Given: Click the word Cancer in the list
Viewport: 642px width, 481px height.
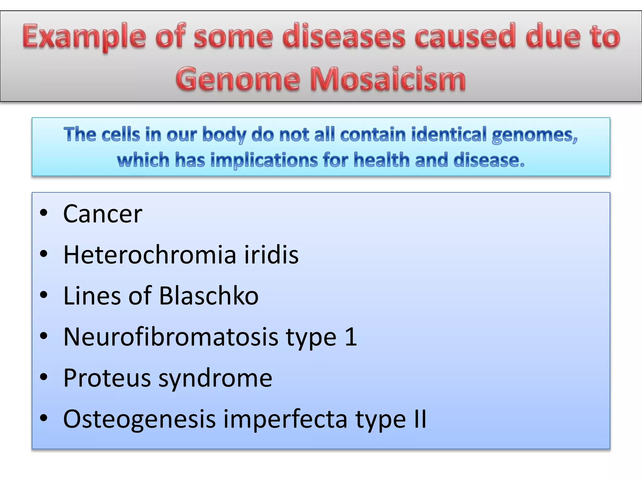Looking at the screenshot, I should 103,214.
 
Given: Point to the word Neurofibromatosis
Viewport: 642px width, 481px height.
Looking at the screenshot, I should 171,337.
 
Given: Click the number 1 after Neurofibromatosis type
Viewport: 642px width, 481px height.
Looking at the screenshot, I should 351,337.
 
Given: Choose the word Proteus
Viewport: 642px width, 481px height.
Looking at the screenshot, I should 107,378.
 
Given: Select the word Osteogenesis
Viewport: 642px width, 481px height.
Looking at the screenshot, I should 139,420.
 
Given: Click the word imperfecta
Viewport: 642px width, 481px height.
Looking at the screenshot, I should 285,420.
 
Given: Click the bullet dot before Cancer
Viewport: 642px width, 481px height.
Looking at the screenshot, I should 44,213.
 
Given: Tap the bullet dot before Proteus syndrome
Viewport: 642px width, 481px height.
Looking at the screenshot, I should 44,377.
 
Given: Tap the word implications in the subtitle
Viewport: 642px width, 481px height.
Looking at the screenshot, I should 264,160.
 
